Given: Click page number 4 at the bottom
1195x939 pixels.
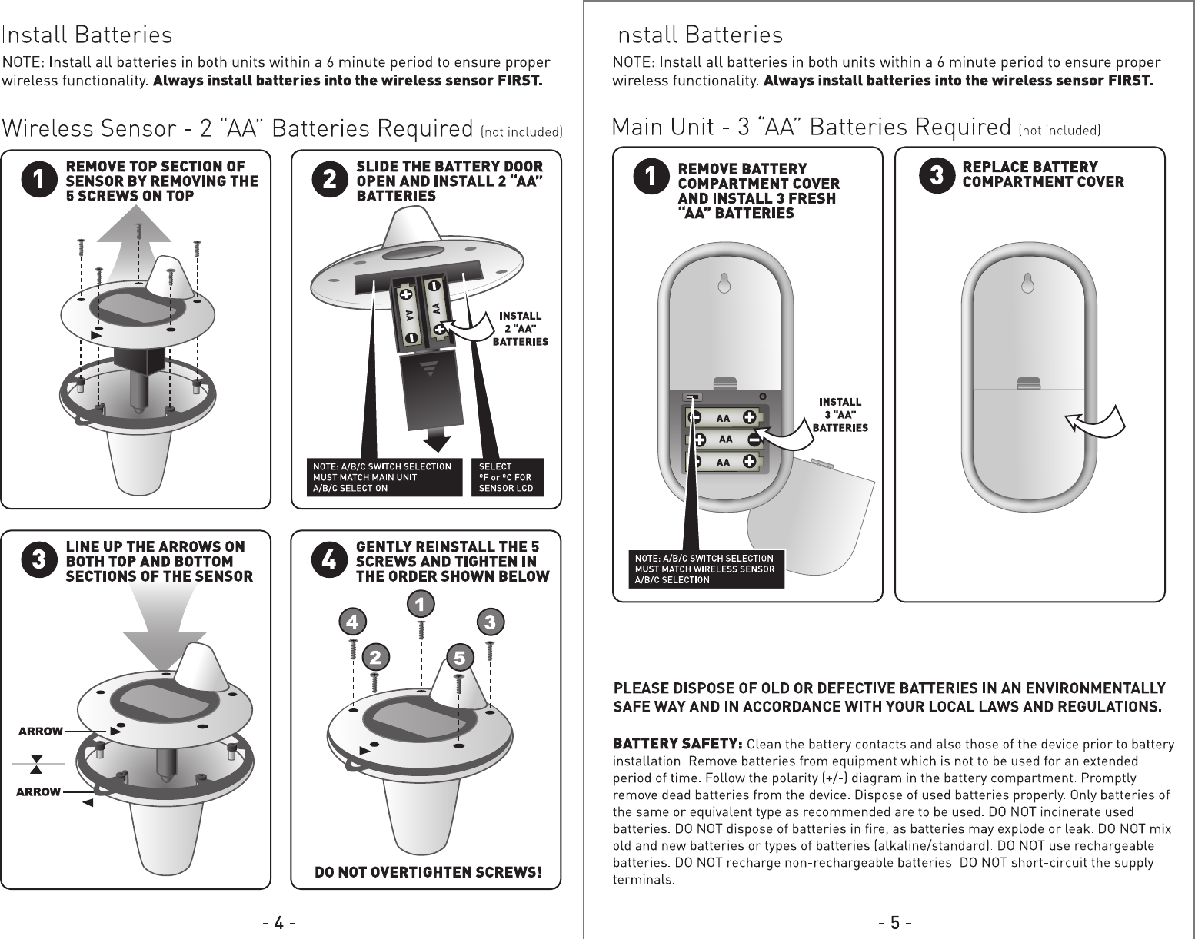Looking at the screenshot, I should (280, 922).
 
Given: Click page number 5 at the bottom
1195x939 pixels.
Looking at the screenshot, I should (897, 922).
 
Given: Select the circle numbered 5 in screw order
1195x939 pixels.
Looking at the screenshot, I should (459, 658).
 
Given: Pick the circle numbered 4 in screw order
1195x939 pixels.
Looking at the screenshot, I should (351, 621).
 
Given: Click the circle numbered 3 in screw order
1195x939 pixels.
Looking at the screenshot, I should (489, 621).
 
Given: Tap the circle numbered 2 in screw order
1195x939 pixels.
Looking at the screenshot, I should (374, 657).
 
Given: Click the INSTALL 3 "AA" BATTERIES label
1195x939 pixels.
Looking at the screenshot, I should (840, 415).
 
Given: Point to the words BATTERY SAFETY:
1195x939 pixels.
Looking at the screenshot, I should (677, 744).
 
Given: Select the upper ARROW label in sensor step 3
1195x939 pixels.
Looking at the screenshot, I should (40, 732).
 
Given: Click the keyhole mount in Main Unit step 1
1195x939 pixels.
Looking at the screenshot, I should (723, 284).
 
